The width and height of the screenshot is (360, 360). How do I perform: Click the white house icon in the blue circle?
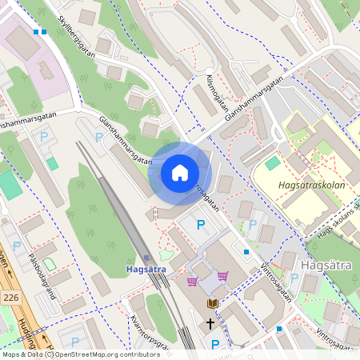[x=180, y=173]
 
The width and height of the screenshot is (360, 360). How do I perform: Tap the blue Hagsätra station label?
[x=146, y=270]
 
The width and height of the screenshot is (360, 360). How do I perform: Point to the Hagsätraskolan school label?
[x=310, y=184]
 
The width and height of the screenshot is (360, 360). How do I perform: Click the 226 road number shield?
[x=10, y=297]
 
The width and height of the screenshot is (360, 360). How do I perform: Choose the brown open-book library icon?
[x=213, y=303]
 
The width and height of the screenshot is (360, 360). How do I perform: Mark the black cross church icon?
[x=211, y=324]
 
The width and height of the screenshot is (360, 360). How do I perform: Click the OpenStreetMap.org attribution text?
[x=92, y=354]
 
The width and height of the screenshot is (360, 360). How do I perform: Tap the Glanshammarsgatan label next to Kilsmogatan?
[x=254, y=98]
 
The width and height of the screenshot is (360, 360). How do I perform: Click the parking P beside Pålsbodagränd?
[x=16, y=245]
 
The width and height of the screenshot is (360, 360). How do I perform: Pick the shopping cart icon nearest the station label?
[x=192, y=281]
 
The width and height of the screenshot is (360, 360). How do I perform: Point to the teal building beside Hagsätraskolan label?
[x=273, y=163]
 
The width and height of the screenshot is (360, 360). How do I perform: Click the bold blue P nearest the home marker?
[x=201, y=226]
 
